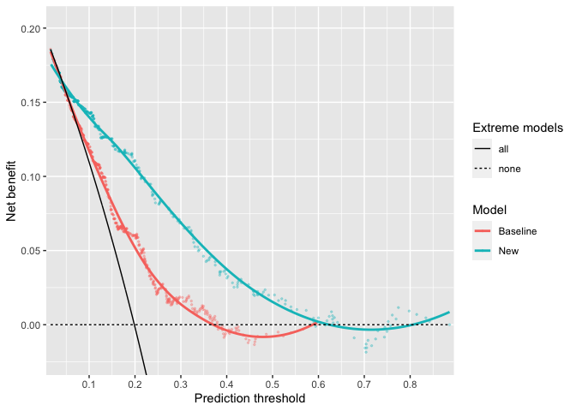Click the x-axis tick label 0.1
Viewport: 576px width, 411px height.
(89, 385)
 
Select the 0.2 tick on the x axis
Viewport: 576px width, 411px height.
(135, 385)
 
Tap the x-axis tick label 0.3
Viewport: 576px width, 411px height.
(181, 385)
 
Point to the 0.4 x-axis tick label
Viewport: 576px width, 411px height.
(226, 385)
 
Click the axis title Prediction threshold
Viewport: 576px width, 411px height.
(249, 399)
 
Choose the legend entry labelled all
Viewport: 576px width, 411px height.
(503, 149)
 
